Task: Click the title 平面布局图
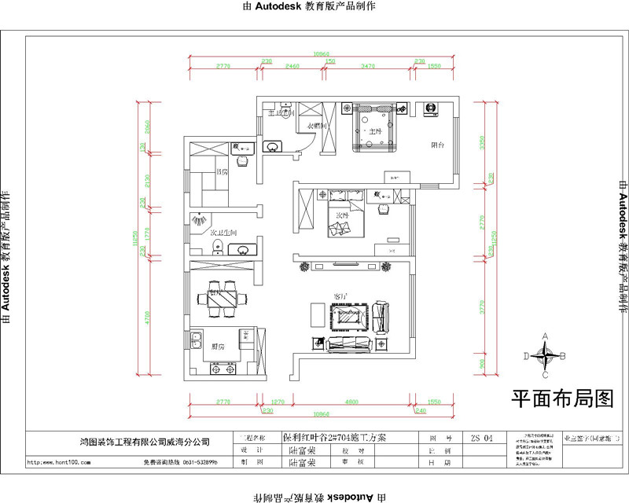562,399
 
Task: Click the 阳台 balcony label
438,145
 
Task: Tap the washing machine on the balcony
431,108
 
